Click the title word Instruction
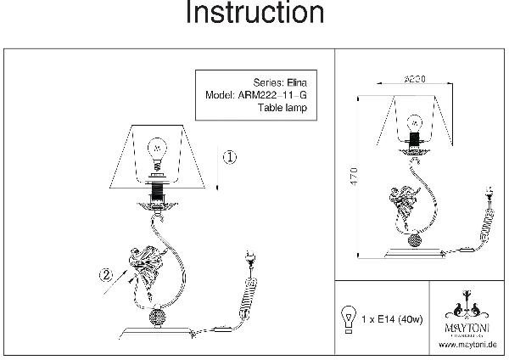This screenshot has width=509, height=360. (x=255, y=14)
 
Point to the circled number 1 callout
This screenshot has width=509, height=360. (x=232, y=157)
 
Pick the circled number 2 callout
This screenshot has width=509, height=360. (x=106, y=274)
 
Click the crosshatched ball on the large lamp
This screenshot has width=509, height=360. (x=159, y=318)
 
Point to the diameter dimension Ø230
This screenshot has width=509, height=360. (x=413, y=77)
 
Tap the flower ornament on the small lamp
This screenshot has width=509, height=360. (x=403, y=205)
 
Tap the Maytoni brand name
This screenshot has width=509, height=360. (x=468, y=326)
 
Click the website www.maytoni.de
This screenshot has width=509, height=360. (x=467, y=345)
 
